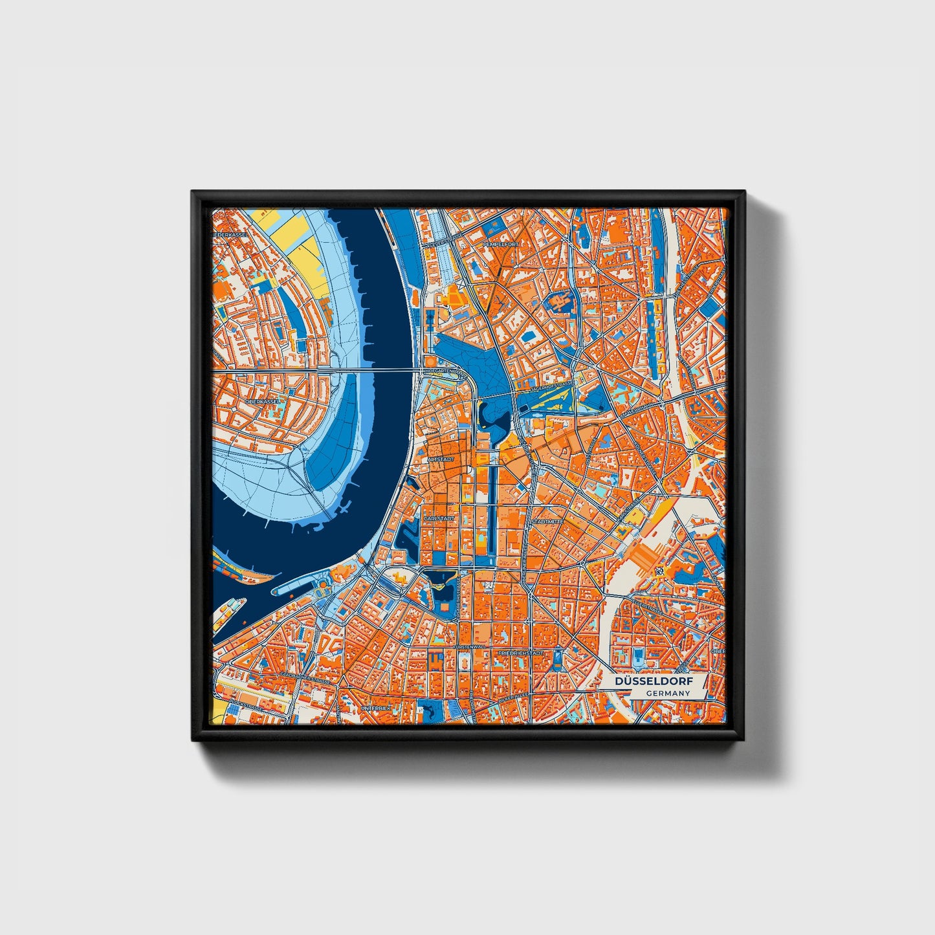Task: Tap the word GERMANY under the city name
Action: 668,693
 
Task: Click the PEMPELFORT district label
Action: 501,245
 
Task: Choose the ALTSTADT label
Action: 441,459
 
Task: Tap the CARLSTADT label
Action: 440,519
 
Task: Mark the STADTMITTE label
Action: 547,521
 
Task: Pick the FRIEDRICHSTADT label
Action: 521,654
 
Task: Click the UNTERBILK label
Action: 377,709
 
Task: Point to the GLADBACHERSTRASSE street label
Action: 307,678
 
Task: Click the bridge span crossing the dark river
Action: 382,370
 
